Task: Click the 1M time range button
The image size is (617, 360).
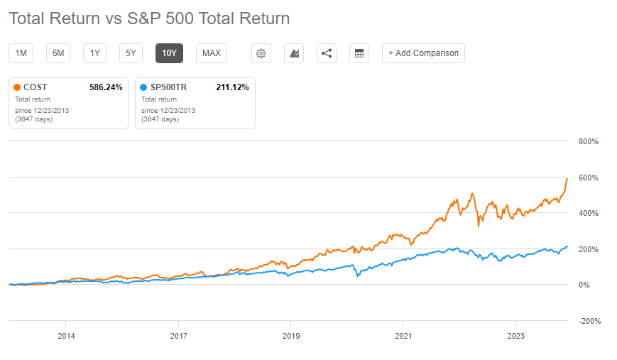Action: point(21,53)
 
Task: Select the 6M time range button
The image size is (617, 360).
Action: point(59,53)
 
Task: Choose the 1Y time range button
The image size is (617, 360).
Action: point(95,53)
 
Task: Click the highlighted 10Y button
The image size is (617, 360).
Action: point(169,53)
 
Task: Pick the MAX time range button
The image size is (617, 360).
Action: point(211,53)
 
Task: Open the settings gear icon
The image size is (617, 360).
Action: point(261,53)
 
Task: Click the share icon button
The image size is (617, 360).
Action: point(327,53)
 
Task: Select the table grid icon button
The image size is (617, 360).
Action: point(359,53)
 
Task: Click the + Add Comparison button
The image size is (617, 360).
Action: point(423,53)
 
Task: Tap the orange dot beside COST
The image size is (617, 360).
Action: point(18,87)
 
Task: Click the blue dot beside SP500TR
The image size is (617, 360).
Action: point(144,87)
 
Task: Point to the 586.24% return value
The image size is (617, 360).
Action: point(106,87)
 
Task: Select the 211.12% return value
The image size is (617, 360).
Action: point(232,87)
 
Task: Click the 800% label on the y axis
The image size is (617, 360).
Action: point(589,141)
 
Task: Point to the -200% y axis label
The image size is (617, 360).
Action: point(589,321)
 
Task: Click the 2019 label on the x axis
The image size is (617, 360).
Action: point(290,336)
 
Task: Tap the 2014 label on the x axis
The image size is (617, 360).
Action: point(66,336)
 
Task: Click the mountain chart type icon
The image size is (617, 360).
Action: point(294,53)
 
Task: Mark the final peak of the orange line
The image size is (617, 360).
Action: point(567,179)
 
